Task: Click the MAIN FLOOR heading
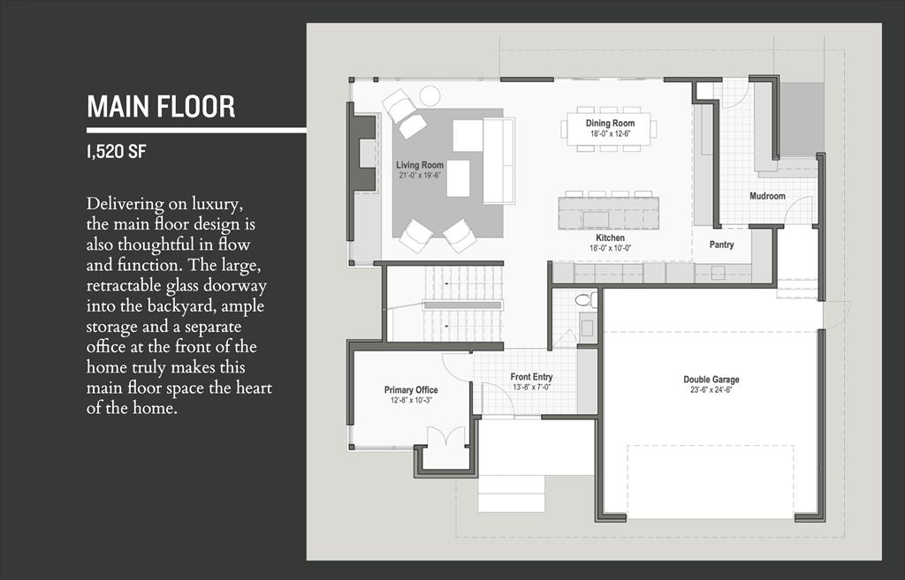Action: coord(161,107)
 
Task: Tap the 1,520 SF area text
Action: coord(116,152)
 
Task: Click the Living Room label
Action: coord(420,165)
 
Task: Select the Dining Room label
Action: coord(610,123)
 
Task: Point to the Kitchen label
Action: coord(610,237)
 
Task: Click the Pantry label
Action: coord(721,245)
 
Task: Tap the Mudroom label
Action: coord(767,196)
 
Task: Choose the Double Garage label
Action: coord(711,380)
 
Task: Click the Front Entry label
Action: coord(531,377)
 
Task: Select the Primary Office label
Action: coord(411,390)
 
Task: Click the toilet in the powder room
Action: coord(586,300)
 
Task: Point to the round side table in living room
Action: coord(430,95)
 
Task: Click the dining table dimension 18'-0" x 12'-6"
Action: coord(610,134)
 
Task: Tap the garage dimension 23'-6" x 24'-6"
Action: coord(711,389)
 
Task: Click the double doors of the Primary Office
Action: coord(445,435)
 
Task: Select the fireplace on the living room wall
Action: coord(362,153)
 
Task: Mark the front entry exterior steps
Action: coord(512,493)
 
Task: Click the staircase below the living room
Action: coord(445,304)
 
